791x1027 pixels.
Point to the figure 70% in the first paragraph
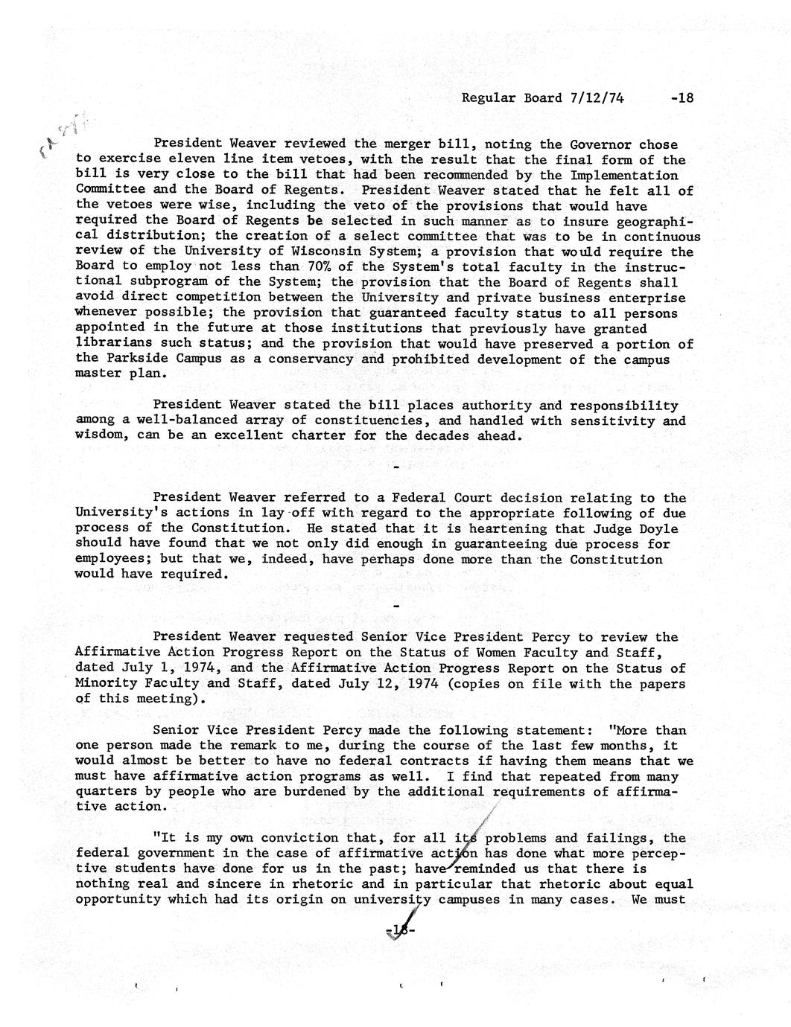tap(309, 267)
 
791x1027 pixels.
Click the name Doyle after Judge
tap(658, 529)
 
